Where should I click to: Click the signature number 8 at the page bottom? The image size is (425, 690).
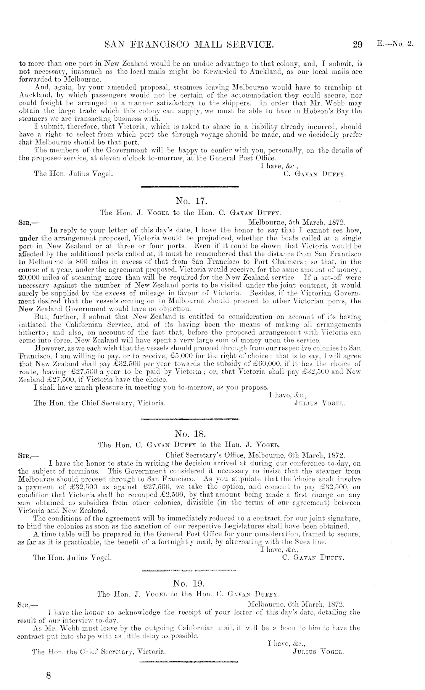tap(48, 676)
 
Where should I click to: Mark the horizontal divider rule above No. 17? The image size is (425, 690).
tap(190, 187)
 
